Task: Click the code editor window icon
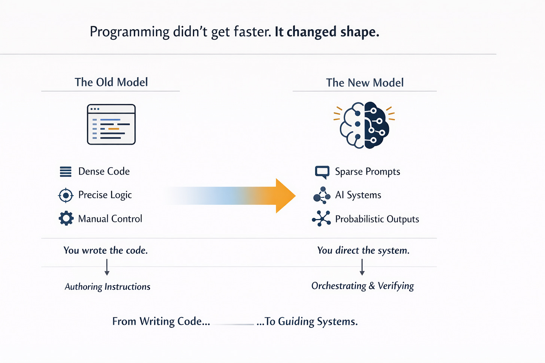pyautogui.click(x=111, y=124)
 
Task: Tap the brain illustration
pyautogui.click(x=364, y=125)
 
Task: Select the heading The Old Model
pyautogui.click(x=111, y=82)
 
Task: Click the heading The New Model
pyautogui.click(x=365, y=83)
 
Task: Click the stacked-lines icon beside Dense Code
pyautogui.click(x=66, y=172)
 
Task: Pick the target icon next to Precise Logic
pyautogui.click(x=66, y=195)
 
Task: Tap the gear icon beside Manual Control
pyautogui.click(x=66, y=218)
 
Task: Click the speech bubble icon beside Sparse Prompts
pyautogui.click(x=322, y=172)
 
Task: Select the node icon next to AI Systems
pyautogui.click(x=322, y=195)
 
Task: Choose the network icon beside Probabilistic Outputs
pyautogui.click(x=321, y=219)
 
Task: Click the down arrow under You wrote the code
pyautogui.click(x=107, y=267)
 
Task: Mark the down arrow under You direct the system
pyautogui.click(x=362, y=267)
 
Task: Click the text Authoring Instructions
pyautogui.click(x=107, y=287)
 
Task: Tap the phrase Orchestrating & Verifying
pyautogui.click(x=362, y=286)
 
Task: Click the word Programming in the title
pyautogui.click(x=130, y=32)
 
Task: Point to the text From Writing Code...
pyautogui.click(x=161, y=322)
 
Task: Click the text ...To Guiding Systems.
pyautogui.click(x=307, y=322)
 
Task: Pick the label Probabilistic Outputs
pyautogui.click(x=377, y=219)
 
